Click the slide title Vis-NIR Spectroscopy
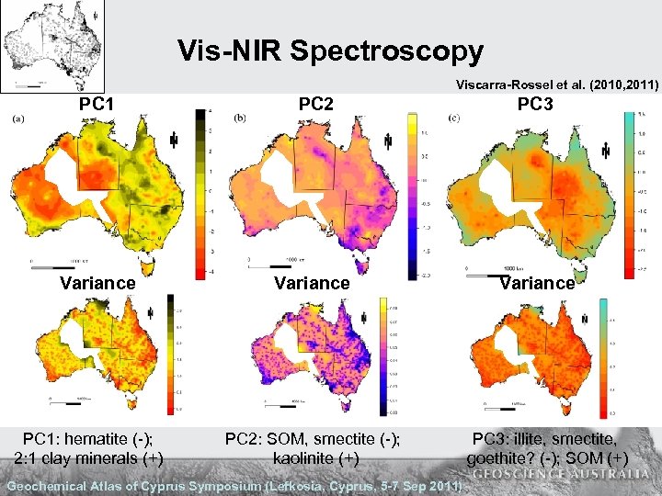pyautogui.click(x=330, y=51)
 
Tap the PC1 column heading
pyautogui.click(x=97, y=104)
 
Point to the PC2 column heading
pyautogui.click(x=315, y=104)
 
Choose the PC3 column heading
pyautogui.click(x=535, y=104)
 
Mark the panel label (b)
pyautogui.click(x=241, y=117)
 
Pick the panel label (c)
pyautogui.click(x=453, y=117)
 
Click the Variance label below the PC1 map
pyautogui.click(x=97, y=283)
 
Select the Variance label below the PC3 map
pyautogui.click(x=537, y=283)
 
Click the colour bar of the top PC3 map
pyautogui.click(x=629, y=193)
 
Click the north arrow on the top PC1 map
pyautogui.click(x=175, y=140)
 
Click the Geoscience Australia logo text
pyautogui.click(x=564, y=474)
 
